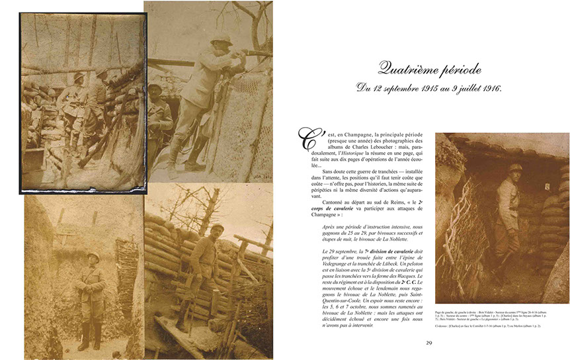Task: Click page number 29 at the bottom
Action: tap(428, 342)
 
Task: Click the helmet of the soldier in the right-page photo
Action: tap(515, 168)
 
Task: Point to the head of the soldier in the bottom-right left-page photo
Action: tap(218, 230)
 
